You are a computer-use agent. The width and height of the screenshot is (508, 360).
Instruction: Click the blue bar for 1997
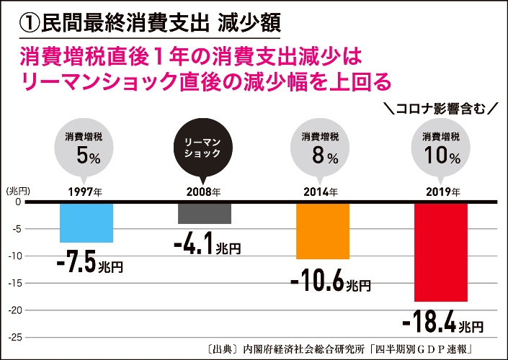coord(86,222)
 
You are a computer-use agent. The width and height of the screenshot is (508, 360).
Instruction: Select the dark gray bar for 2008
coord(204,213)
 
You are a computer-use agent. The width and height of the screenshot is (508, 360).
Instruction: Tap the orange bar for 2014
coord(323,230)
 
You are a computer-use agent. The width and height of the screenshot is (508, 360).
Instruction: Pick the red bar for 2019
coord(441,251)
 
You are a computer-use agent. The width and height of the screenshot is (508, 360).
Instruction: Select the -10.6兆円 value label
coord(331,282)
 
